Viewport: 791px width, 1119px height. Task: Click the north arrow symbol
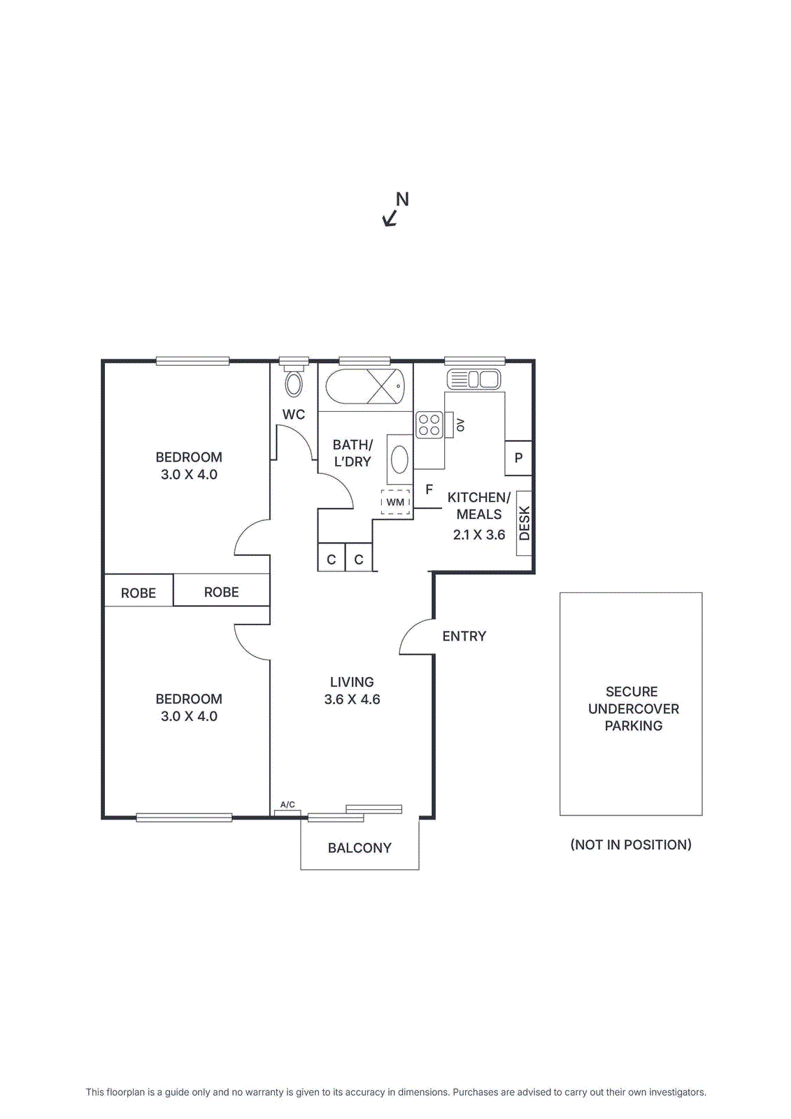[390, 218]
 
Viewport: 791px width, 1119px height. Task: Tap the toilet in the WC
[294, 383]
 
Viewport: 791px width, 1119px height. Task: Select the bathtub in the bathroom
[364, 386]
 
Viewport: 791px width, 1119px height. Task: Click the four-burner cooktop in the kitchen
[429, 425]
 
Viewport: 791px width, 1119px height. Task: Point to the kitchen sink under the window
[473, 380]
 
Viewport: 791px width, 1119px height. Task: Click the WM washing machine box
[395, 502]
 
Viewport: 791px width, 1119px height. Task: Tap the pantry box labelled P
[518, 458]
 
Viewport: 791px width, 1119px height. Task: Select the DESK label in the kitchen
[525, 523]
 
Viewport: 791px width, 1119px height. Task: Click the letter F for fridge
[429, 490]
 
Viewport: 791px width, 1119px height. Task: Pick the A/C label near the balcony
[287, 804]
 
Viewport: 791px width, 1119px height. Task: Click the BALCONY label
[359, 848]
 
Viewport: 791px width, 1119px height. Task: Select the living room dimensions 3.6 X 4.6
[352, 699]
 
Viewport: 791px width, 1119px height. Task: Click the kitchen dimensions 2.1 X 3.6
[479, 535]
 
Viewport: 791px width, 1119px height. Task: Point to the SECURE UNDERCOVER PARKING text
[633, 708]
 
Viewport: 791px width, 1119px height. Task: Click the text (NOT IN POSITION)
[631, 845]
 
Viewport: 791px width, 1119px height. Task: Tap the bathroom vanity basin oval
[399, 459]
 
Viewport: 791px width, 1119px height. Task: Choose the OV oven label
[460, 425]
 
